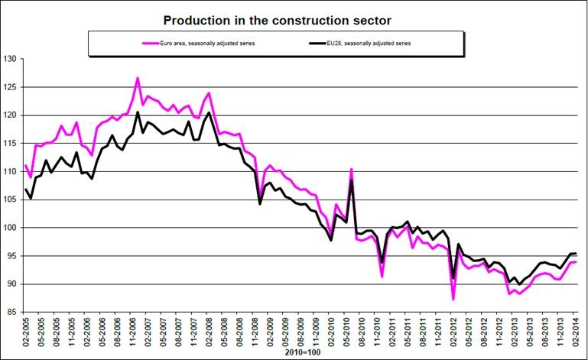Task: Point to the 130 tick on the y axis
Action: (x=9, y=58)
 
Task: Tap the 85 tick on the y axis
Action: (x=11, y=312)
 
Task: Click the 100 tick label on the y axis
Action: (x=9, y=228)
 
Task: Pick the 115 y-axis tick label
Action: (x=9, y=143)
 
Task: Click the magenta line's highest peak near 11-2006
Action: (x=138, y=78)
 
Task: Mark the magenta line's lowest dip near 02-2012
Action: (x=453, y=299)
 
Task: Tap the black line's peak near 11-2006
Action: (x=138, y=112)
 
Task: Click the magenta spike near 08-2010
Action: (x=351, y=169)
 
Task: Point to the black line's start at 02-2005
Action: (x=25, y=189)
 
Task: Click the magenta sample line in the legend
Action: (x=159, y=44)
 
